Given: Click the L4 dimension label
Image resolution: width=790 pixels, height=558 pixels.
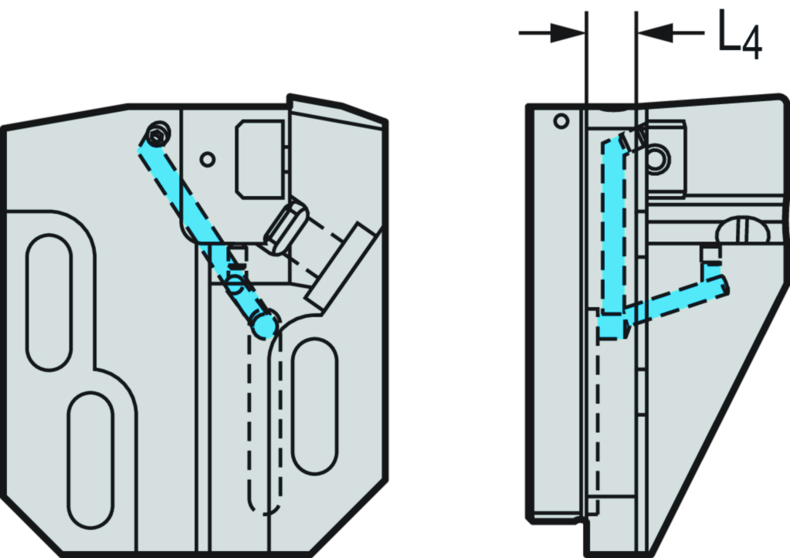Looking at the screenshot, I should point(740,36).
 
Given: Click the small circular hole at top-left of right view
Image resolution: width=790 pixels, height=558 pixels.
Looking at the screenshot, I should point(561,120).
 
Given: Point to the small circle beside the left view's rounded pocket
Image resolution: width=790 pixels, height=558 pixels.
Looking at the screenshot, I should point(207,160).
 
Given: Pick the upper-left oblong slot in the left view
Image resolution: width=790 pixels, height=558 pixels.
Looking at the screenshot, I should point(49,302).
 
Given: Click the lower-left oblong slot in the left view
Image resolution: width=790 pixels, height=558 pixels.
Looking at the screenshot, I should point(90,459).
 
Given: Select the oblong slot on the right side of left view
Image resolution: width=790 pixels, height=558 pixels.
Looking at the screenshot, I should point(314,405).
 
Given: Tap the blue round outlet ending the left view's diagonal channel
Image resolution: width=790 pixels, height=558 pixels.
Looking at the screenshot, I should point(265,326).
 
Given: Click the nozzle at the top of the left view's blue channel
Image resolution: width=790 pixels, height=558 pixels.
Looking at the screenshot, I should point(158,135).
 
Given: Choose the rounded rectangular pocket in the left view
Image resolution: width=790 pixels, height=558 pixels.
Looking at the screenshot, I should point(259,157).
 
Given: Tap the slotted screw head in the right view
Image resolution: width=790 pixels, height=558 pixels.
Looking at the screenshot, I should point(741,231).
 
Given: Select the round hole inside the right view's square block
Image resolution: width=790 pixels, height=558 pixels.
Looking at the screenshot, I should point(658,161).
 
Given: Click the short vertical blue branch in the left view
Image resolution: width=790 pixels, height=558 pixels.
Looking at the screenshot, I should point(221,262).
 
